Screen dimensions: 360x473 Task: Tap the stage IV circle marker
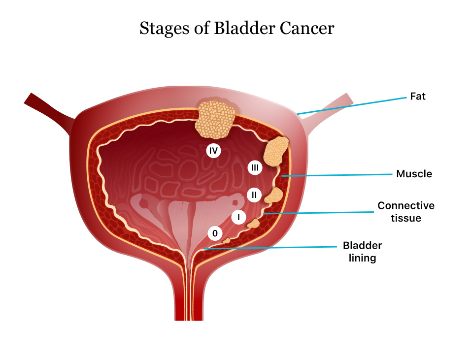(213, 151)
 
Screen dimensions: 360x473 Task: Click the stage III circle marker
(255, 168)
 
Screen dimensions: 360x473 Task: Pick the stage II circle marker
(254, 195)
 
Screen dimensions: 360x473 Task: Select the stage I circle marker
(238, 216)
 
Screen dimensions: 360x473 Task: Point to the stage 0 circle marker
(215, 233)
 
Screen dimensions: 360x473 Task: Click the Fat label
(417, 97)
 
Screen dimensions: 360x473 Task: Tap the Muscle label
(414, 174)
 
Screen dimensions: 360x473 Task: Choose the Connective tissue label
(406, 211)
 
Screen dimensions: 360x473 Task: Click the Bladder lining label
(362, 251)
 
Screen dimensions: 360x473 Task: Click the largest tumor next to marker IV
(215, 119)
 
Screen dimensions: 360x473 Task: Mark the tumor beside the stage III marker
(276, 151)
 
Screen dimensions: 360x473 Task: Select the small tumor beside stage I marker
(254, 224)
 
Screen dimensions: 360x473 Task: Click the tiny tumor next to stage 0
(227, 240)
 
